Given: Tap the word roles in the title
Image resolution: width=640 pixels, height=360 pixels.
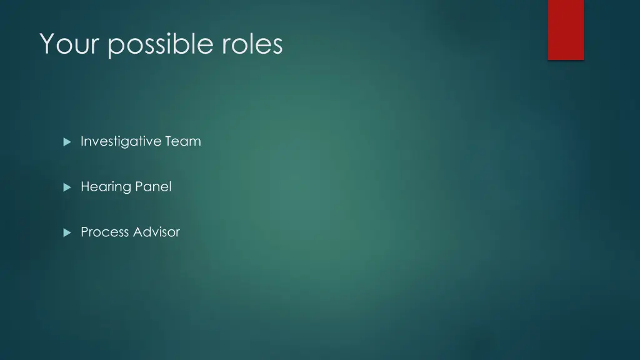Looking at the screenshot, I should (x=252, y=44).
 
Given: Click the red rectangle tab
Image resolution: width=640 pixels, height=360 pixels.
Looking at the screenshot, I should (x=566, y=29).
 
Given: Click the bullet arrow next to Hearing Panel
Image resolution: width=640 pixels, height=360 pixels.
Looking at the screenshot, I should (x=67, y=187).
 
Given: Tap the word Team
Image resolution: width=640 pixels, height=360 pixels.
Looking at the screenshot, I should (x=183, y=141).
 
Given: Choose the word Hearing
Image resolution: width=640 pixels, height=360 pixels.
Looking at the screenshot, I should (x=106, y=187).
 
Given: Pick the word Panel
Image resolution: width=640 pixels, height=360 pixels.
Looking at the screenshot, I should (x=153, y=186).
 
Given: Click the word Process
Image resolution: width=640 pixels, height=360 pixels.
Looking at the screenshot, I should (x=104, y=232).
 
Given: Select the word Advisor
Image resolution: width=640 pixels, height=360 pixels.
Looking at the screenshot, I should (x=156, y=232).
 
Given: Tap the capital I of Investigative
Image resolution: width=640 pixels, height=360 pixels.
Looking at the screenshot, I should (x=82, y=141).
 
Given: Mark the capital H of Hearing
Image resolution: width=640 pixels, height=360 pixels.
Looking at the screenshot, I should (x=85, y=186).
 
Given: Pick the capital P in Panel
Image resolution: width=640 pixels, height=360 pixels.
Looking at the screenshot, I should (x=139, y=186).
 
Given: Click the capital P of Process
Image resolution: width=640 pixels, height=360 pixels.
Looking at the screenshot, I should (x=84, y=232).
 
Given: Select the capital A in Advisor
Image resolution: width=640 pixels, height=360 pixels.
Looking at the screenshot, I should (x=137, y=232).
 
